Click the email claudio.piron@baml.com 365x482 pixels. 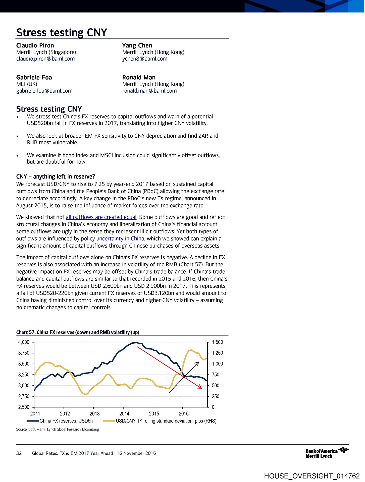45,59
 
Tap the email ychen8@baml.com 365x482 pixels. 145,59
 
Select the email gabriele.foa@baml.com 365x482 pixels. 44,91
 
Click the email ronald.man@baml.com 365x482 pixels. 149,91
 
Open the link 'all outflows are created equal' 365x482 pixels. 101,217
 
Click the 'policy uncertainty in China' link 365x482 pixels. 113,238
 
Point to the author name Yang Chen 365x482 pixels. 137,45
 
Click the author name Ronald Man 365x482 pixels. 139,77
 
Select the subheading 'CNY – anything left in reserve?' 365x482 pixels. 56,176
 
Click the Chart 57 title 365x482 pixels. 78,332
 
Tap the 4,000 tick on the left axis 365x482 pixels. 24,342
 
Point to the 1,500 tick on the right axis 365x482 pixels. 217,342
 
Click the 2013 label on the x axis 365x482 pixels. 94,413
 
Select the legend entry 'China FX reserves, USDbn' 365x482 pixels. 66,421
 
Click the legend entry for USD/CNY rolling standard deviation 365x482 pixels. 166,421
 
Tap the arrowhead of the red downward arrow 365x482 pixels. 200,387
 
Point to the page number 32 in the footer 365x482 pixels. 19,453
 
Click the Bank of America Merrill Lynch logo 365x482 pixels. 327,453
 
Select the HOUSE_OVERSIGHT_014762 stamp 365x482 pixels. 312,476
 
